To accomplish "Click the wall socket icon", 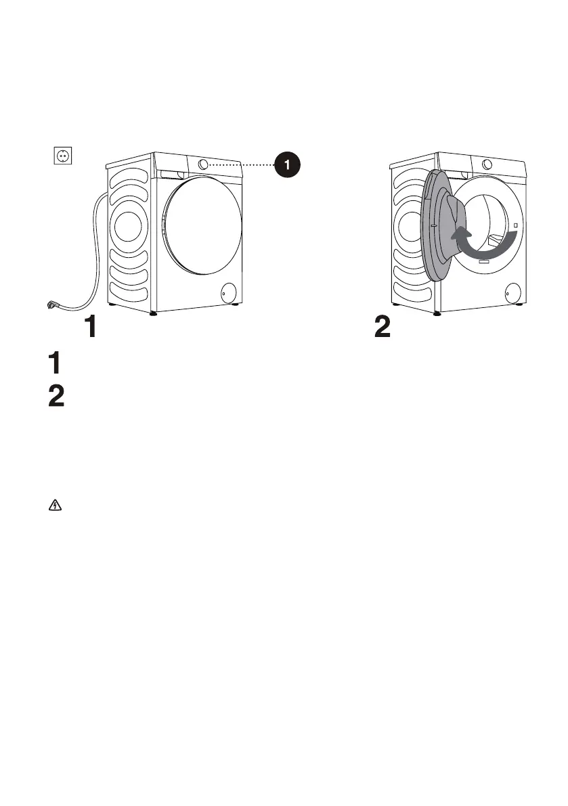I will tap(63, 156).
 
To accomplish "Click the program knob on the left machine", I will tap(204, 164).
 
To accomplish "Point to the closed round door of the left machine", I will tap(202, 226).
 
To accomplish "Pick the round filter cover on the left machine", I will tap(229, 292).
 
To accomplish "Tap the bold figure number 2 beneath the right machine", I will tap(383, 328).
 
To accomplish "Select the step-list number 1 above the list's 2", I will tap(56, 364).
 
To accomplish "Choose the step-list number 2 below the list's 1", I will tap(57, 396).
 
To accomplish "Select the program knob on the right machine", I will tap(487, 164).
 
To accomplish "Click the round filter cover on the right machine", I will tap(512, 293).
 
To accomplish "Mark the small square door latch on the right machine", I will tap(516, 225).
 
